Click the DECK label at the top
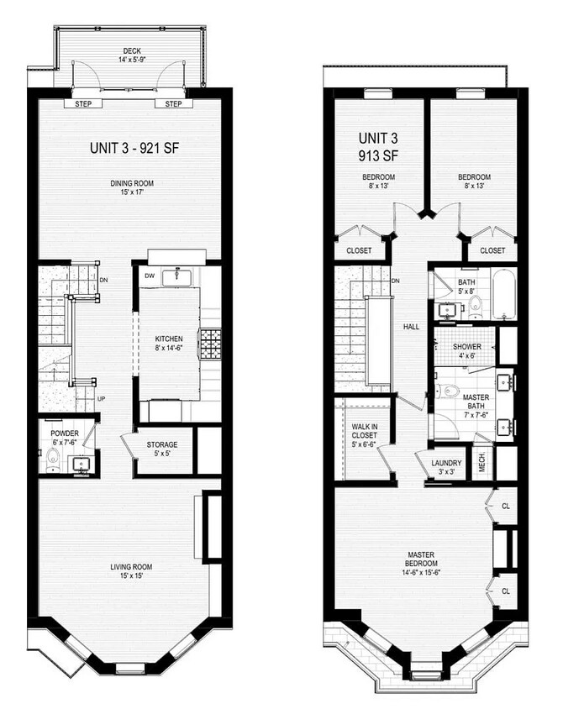click(130, 50)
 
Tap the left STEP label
click(83, 104)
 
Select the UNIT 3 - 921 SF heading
click(134, 148)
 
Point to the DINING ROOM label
click(132, 183)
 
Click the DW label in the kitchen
click(149, 275)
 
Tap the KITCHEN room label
click(168, 339)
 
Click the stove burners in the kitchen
click(208, 343)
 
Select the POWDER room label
click(65, 433)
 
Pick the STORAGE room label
click(162, 444)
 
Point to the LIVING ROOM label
click(131, 567)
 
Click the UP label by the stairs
click(102, 398)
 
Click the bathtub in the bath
click(504, 294)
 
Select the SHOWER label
click(466, 346)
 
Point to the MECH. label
click(482, 464)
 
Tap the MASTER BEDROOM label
click(420, 560)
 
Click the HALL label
click(411, 327)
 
